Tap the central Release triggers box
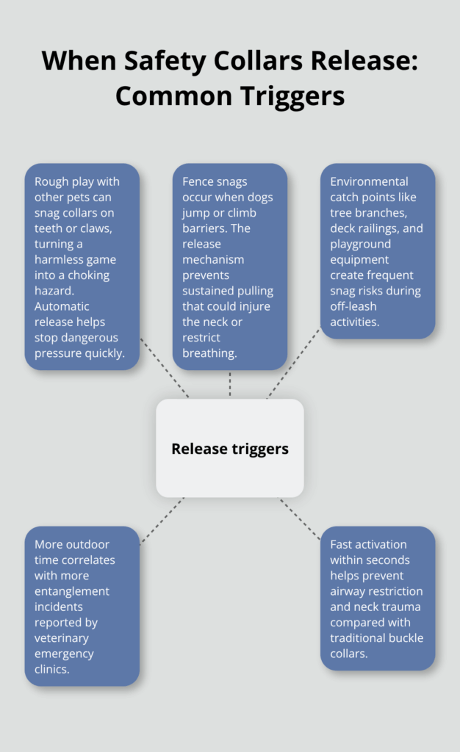(x=230, y=448)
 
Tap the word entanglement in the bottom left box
(x=71, y=591)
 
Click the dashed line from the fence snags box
(x=230, y=384)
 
